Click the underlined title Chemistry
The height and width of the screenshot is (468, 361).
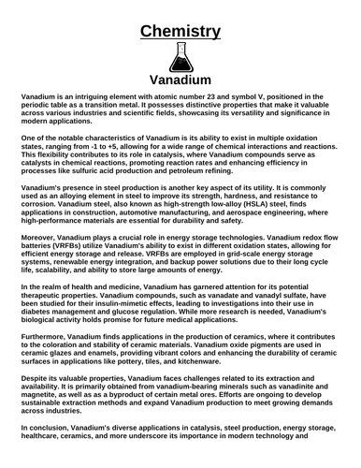(180, 32)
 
